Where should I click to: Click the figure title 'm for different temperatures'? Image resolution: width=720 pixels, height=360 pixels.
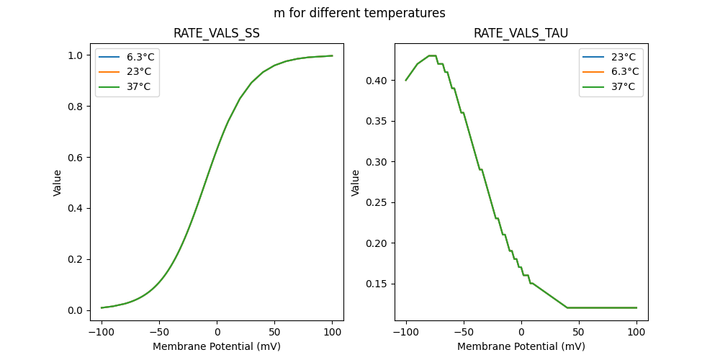[359, 13]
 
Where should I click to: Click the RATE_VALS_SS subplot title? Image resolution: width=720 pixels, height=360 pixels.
[217, 34]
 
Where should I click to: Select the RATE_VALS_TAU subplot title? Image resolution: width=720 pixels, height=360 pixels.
[521, 34]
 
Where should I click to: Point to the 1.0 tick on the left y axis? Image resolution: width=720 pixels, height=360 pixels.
[74, 55]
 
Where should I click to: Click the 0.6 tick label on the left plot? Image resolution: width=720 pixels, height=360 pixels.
[74, 158]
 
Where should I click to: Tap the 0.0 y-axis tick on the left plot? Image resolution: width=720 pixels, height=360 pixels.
[74, 310]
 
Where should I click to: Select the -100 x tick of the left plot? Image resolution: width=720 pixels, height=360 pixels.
[102, 332]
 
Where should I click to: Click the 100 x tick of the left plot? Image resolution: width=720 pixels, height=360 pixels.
[332, 332]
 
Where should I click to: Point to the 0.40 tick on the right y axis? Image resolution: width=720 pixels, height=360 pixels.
[375, 80]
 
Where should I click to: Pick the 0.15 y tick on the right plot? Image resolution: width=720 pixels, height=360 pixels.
[375, 284]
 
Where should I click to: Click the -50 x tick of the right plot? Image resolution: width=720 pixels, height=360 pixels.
[464, 332]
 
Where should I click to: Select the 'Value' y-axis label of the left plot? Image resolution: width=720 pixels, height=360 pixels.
[58, 183]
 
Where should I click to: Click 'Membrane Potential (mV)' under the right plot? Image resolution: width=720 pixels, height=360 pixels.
[521, 346]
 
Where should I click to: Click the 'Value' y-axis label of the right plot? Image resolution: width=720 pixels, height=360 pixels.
[355, 183]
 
